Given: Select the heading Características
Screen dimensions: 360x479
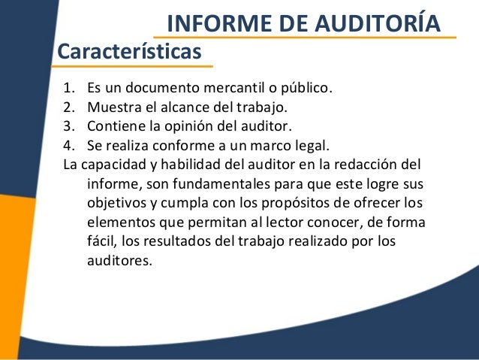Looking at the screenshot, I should [130, 52].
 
